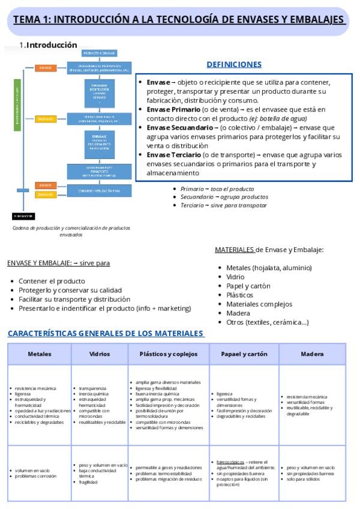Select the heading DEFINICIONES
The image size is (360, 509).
pyautogui.click(x=234, y=64)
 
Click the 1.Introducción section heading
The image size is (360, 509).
pyautogui.click(x=48, y=45)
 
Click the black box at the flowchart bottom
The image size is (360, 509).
pyautogui.click(x=23, y=215)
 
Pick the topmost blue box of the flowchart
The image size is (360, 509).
pyautogui.click(x=99, y=53)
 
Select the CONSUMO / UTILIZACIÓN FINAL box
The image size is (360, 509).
pyautogui.click(x=99, y=190)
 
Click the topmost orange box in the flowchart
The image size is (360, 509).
pyautogui.click(x=45, y=68)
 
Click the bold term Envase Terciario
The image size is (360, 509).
pyautogui.click(x=174, y=155)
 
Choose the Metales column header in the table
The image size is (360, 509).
pyautogui.click(x=40, y=354)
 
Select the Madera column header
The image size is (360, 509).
pyautogui.click(x=312, y=354)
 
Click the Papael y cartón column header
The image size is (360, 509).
pyautogui.click(x=244, y=354)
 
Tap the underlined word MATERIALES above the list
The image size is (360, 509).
pyautogui.click(x=235, y=250)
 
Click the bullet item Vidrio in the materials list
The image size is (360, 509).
pyautogui.click(x=235, y=277)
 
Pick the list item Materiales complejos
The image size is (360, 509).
pyautogui.click(x=259, y=304)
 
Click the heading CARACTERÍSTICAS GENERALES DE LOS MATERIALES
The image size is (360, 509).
pyautogui.click(x=106, y=333)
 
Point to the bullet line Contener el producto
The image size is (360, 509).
pyautogui.click(x=52, y=281)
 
